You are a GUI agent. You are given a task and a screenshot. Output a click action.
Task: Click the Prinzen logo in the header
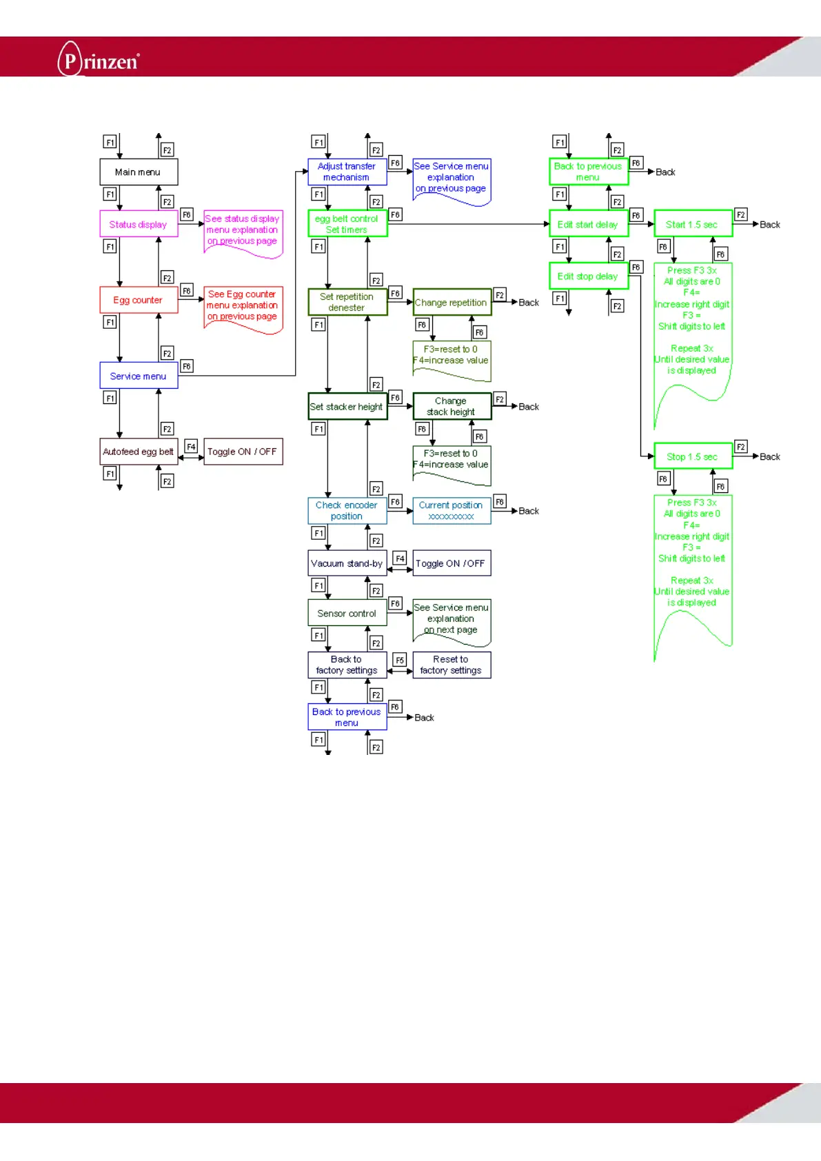(99, 60)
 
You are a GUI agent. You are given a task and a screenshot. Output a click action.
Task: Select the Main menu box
(139, 172)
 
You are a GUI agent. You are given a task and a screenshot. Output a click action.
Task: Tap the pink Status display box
(139, 224)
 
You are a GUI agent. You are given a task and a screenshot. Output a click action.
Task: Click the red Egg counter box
(139, 300)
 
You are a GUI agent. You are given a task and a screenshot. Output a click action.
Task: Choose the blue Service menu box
(139, 376)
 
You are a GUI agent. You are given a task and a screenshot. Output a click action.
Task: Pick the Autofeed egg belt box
(139, 452)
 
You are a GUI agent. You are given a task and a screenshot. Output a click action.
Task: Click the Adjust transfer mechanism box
(347, 172)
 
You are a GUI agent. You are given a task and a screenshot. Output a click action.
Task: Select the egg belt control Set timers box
(347, 224)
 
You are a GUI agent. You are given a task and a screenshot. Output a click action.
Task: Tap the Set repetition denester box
(347, 302)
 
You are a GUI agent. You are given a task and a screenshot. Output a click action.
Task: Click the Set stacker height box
(347, 407)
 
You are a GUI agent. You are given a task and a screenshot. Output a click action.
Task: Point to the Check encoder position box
(347, 510)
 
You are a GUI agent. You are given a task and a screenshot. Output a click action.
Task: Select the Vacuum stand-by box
(347, 563)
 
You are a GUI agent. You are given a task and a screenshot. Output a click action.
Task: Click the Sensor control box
(347, 613)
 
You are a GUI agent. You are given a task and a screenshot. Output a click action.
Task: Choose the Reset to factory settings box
(452, 665)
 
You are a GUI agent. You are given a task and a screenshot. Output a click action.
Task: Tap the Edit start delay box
(588, 224)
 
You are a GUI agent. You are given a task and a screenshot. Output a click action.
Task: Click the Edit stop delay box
(588, 276)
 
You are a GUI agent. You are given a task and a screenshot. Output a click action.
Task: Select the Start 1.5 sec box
(692, 224)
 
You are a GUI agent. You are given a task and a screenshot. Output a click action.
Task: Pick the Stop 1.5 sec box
(692, 456)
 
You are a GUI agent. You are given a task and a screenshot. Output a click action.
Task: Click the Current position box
(452, 510)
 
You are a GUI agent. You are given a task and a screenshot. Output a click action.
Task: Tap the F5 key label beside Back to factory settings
(400, 660)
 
